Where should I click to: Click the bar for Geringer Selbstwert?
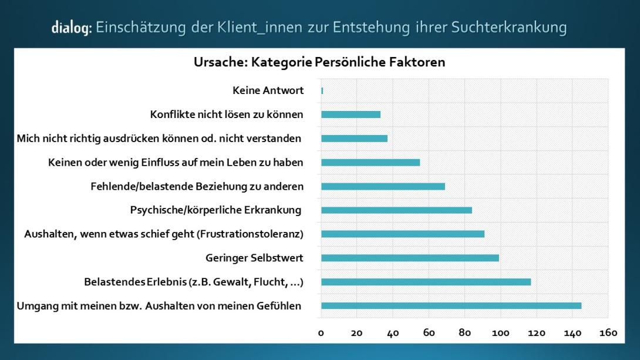point(410,258)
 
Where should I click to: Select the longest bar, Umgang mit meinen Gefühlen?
point(451,305)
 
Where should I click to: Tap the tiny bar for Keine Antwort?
point(322,90)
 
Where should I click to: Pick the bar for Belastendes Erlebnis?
point(426,282)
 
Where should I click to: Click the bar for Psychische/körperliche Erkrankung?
point(396,210)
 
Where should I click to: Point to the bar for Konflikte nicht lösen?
point(351,115)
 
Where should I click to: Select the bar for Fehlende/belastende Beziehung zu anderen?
point(383,186)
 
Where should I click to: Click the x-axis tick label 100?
point(500,333)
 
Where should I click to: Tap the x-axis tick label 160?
point(608,333)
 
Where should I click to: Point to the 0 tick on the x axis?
point(321,333)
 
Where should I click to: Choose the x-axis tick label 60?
point(429,333)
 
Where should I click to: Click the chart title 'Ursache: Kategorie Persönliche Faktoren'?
point(319,62)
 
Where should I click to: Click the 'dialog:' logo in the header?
point(72,28)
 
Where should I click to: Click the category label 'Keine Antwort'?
point(268,90)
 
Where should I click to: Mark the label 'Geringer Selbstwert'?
point(254,258)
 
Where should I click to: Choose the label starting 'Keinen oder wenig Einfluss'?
point(176,163)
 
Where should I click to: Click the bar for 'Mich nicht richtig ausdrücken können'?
point(354,139)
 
